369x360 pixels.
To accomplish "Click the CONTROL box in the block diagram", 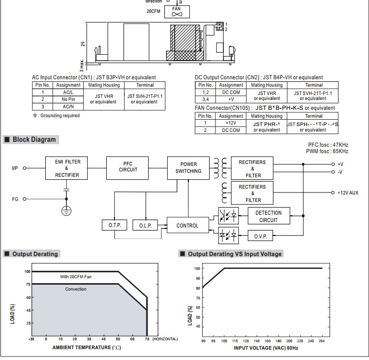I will tap(187, 226).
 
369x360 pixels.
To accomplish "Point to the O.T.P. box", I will tap(114, 226).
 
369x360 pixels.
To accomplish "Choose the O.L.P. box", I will tap(146, 226).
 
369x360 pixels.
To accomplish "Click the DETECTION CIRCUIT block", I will tap(269, 216).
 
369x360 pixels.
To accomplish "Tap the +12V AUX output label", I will tap(348, 193).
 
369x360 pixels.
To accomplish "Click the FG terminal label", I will tap(15, 199).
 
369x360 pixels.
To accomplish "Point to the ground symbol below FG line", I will tap(66, 211).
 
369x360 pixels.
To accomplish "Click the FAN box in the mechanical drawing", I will tap(176, 11).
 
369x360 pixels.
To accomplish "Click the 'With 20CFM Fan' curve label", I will tap(76, 277).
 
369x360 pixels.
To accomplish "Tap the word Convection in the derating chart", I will tap(76, 289).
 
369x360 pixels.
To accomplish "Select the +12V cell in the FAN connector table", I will tap(230, 123).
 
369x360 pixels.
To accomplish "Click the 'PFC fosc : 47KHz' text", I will tap(328, 145).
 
